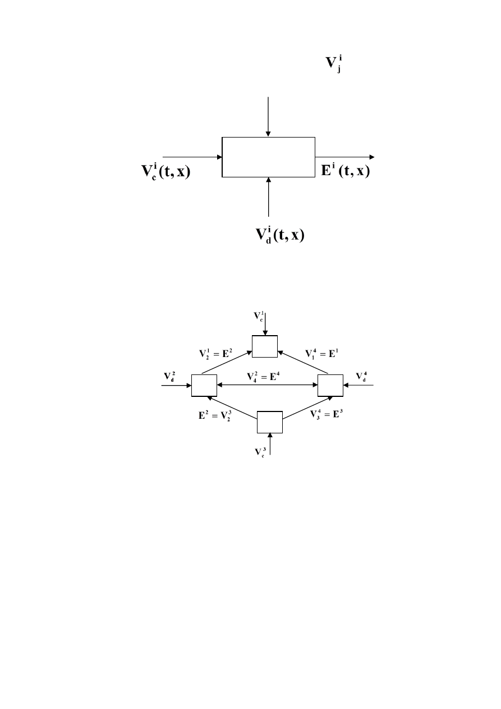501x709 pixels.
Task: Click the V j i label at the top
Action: coord(334,64)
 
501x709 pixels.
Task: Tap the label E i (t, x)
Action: coord(346,171)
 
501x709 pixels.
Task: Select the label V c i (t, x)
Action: coord(166,172)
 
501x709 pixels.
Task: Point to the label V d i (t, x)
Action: coord(280,235)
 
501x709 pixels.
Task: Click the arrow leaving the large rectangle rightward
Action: coord(345,157)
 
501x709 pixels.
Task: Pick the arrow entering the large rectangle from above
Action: coord(268,117)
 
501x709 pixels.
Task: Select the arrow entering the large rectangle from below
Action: coord(269,197)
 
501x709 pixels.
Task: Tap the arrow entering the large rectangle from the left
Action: coord(192,157)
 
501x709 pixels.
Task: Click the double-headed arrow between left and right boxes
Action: coord(267,385)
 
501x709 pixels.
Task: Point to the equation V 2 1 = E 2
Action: coord(215,354)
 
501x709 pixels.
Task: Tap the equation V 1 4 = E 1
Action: coord(321,354)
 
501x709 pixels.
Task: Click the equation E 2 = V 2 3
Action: coord(215,415)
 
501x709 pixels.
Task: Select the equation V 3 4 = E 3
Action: coord(327,414)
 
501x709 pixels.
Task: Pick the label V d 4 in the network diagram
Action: coord(361,377)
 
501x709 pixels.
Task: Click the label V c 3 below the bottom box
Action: coord(260,452)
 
